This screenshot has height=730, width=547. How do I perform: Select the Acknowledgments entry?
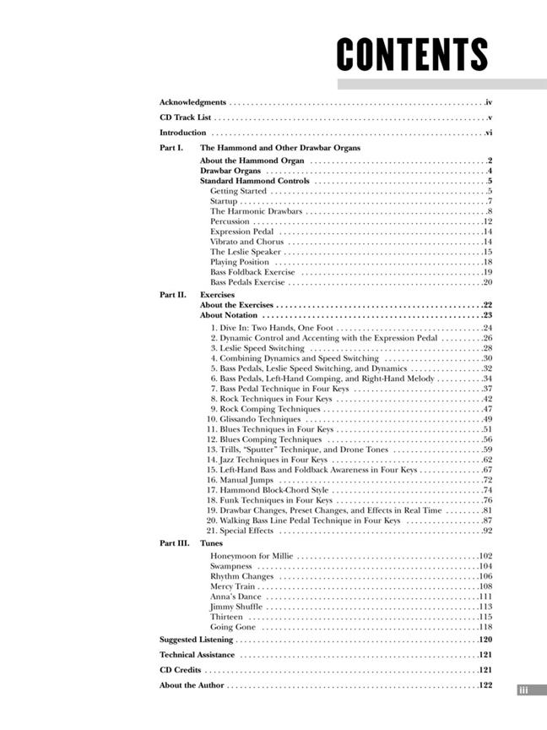[192, 102]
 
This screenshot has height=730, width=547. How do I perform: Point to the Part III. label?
[174, 543]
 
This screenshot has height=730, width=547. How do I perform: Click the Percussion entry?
[230, 221]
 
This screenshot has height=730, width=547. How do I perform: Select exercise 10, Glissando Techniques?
[254, 419]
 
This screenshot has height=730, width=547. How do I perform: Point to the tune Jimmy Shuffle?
[236, 607]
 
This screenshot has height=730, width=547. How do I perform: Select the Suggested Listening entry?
[196, 640]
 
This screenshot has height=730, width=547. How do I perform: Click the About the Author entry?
[192, 685]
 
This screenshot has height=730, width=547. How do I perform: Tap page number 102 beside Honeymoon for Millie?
[485, 556]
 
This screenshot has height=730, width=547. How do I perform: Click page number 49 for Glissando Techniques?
[487, 419]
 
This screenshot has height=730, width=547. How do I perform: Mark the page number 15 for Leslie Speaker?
[487, 252]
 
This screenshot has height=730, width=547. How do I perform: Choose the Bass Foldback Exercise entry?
[252, 272]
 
